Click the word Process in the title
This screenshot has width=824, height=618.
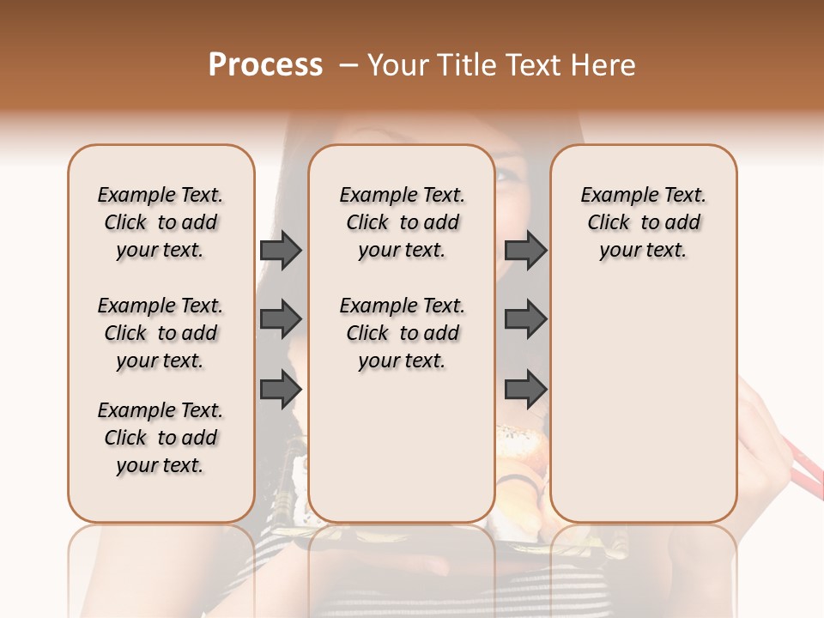tap(265, 65)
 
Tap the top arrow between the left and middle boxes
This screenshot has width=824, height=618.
tap(281, 251)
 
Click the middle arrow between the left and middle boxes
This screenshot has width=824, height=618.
tap(281, 320)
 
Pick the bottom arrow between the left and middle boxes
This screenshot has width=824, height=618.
tap(281, 389)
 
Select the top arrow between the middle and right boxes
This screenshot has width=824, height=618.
tap(525, 251)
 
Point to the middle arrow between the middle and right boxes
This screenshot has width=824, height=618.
tap(525, 320)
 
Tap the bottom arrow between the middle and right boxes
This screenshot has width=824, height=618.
tap(525, 389)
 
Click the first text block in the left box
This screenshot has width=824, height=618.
tap(161, 222)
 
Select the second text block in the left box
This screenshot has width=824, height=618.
tap(161, 333)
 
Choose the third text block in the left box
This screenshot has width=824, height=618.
tap(161, 438)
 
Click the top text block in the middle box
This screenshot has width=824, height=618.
tap(402, 222)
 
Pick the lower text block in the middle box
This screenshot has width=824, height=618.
tap(402, 333)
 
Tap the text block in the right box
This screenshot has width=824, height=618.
tap(644, 222)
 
